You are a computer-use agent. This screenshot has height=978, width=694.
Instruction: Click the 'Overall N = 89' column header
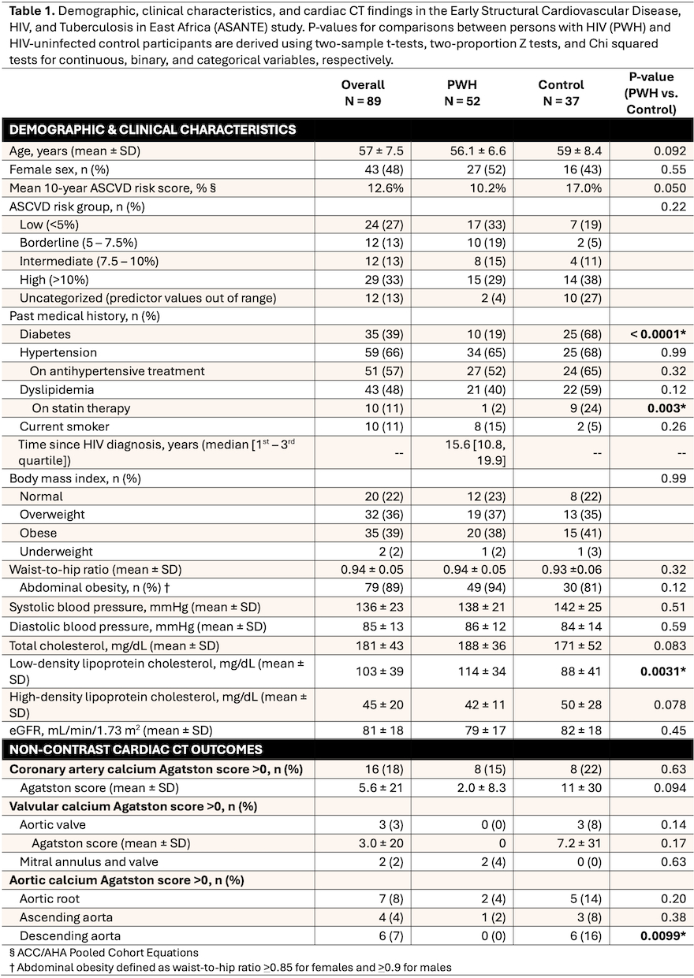[363, 92]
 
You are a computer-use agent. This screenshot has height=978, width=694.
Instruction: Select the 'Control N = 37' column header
[561, 92]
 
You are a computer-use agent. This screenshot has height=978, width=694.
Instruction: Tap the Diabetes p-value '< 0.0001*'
[651, 334]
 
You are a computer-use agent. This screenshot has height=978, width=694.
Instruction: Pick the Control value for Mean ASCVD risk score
[561, 188]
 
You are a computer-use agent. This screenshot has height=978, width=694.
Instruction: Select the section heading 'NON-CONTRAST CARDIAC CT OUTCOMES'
[136, 749]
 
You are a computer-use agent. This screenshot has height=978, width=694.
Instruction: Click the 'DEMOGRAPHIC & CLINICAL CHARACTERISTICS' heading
[153, 130]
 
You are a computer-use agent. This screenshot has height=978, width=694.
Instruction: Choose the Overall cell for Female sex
[363, 169]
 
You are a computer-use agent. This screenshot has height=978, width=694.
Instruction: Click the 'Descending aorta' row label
[65, 935]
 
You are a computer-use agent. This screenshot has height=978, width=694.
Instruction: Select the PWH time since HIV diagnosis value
[461, 452]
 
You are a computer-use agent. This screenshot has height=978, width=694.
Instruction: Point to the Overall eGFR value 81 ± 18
[363, 730]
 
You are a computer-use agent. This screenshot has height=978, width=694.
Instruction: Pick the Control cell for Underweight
[561, 552]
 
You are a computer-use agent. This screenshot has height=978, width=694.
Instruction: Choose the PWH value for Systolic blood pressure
[461, 607]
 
